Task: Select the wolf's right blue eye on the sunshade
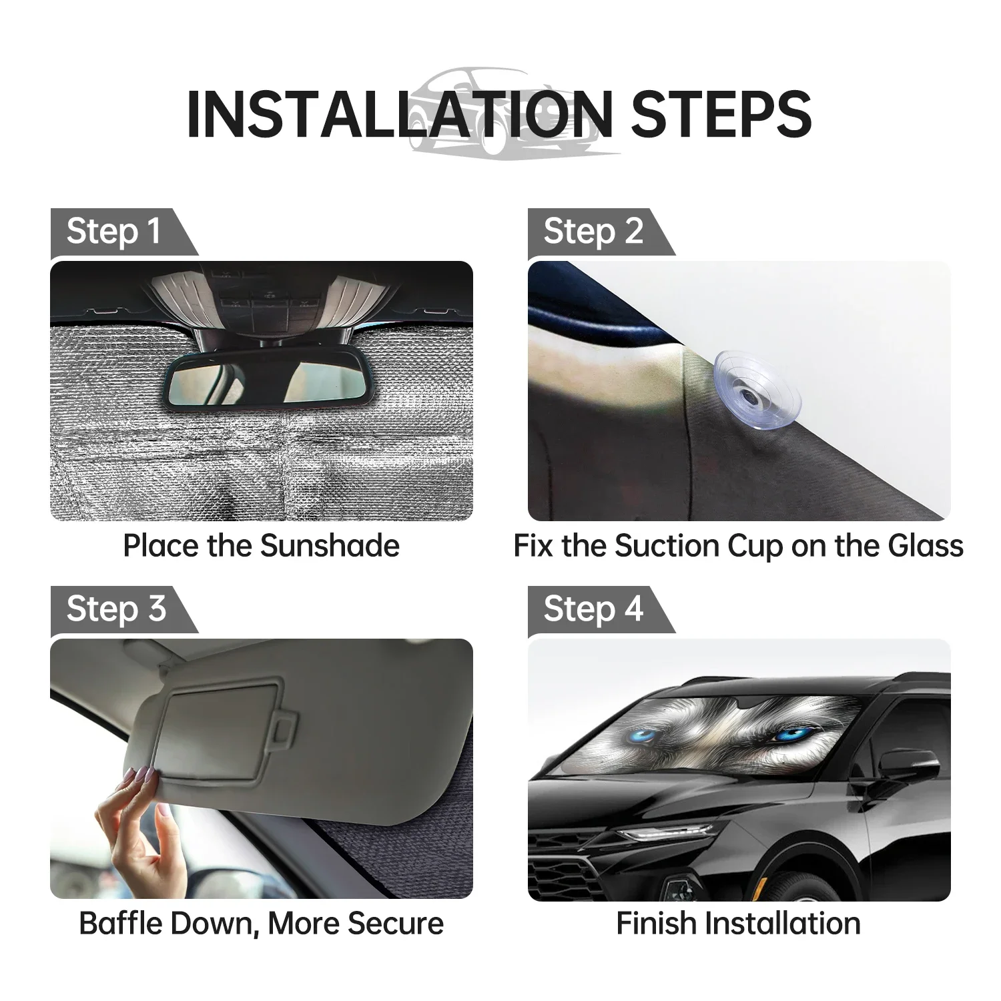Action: [791, 735]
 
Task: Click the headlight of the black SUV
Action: [667, 833]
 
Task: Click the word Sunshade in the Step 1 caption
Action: [330, 546]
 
